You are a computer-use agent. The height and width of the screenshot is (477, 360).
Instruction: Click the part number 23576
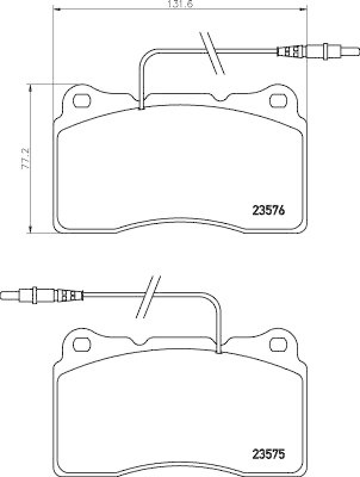click(x=268, y=210)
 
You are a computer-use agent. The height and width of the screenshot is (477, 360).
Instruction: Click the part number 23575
click(x=268, y=454)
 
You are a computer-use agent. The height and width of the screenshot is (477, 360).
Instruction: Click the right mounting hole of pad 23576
click(x=278, y=100)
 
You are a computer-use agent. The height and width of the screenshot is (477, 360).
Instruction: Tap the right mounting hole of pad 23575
click(x=278, y=344)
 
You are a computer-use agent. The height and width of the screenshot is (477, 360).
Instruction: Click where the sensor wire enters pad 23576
click(x=141, y=108)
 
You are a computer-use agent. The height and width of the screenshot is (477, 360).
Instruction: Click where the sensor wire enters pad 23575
click(x=219, y=352)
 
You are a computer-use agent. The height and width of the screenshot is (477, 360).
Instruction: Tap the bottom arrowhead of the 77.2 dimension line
click(x=30, y=231)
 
